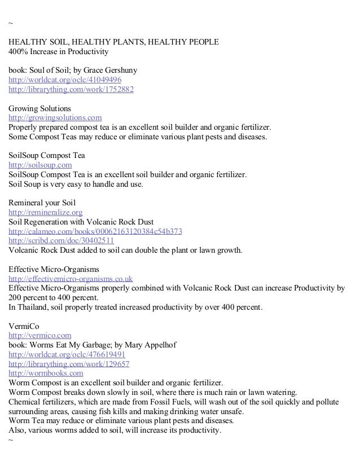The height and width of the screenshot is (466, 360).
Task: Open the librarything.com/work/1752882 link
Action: [71, 90]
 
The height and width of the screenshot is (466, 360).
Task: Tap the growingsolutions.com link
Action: [55, 118]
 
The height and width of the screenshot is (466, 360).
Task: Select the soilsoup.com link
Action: [40, 165]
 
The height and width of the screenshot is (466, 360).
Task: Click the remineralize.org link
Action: [46, 212]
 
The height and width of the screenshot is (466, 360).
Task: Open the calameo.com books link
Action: [95, 231]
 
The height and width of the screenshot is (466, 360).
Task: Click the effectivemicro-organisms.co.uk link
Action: [71, 279]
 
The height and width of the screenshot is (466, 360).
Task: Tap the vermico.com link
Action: [39, 335]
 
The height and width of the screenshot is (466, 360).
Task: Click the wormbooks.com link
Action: [46, 373]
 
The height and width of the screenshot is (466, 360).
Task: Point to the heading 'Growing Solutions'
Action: [39, 108]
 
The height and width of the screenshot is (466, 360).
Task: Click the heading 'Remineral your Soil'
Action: [41, 203]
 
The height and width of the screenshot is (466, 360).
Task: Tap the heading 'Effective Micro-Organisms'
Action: [54, 269]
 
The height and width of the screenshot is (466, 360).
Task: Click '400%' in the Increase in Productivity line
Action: [17, 52]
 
